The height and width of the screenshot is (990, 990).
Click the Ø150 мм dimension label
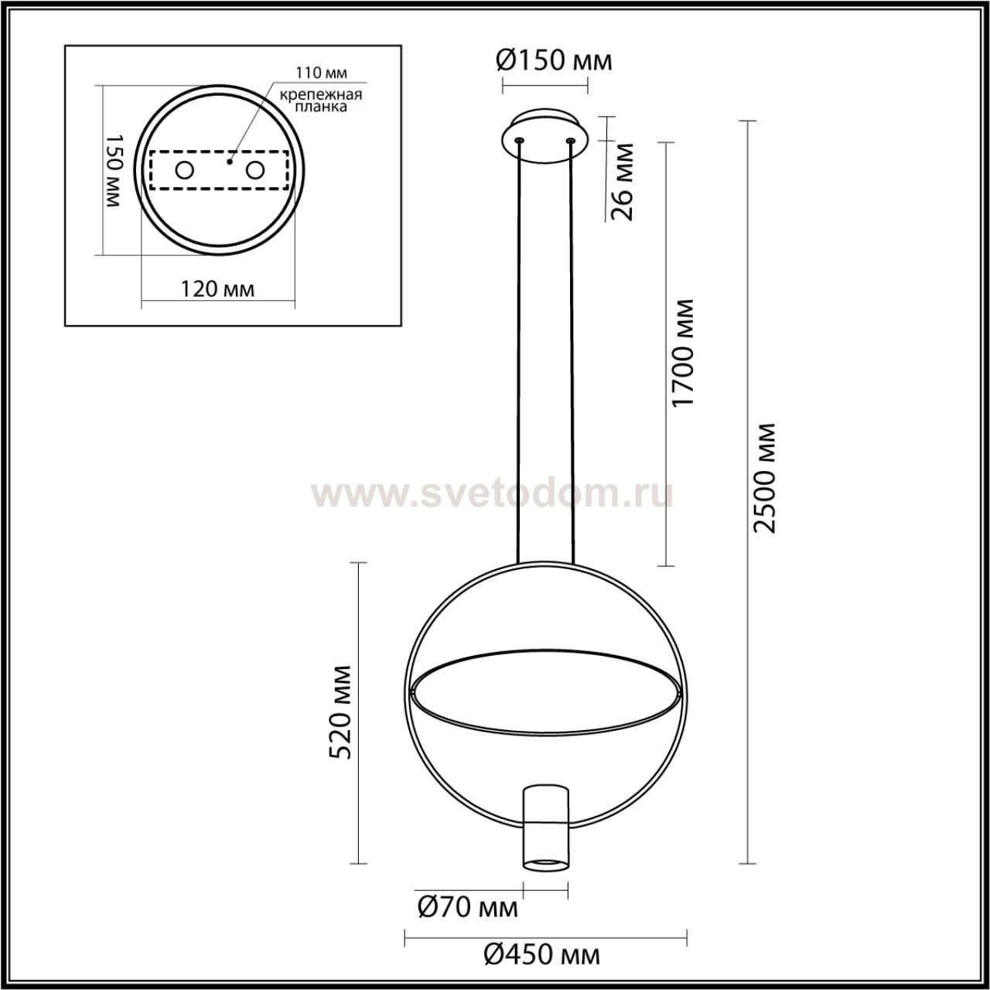click(555, 61)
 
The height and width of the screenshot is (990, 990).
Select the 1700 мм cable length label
click(683, 353)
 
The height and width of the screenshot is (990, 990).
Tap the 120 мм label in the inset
click(218, 289)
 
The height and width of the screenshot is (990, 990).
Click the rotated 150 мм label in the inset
click(113, 171)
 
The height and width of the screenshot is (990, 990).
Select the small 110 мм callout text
click(321, 73)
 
